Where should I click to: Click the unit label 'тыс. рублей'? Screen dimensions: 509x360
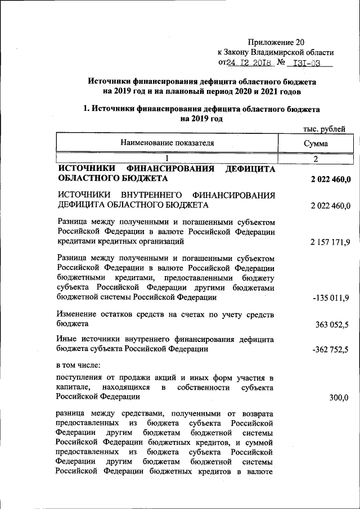[324, 129]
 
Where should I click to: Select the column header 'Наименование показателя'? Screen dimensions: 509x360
[167, 143]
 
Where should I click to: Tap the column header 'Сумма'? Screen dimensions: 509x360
[316, 144]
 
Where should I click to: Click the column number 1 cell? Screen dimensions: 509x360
[166, 159]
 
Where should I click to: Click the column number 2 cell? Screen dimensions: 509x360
[316, 159]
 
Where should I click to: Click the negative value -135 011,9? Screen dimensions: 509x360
[331, 298]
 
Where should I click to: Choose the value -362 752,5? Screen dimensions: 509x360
[331, 349]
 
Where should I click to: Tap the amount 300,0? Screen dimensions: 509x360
[339, 398]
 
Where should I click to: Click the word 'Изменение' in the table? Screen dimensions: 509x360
[77, 314]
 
